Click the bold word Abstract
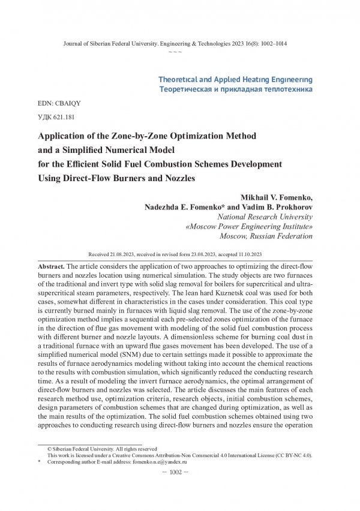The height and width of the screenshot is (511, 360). tap(51, 265)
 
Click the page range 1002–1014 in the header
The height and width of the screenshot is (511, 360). tap(271, 45)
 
